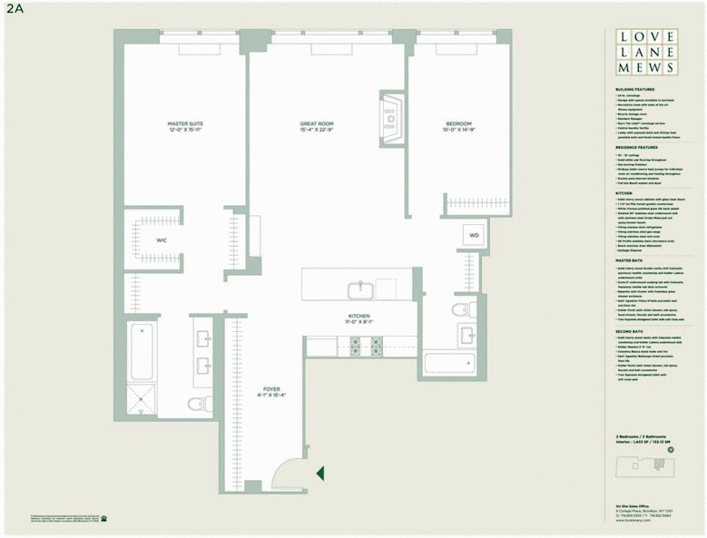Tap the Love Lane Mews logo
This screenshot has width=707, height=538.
point(644,52)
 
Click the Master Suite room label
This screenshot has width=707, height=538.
point(182,127)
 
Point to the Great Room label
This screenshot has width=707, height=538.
point(318,127)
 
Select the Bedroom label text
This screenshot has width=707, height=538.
point(458,127)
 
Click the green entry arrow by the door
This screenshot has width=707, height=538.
point(319,472)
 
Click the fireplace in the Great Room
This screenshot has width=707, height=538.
point(391,118)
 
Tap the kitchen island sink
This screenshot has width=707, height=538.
point(359,290)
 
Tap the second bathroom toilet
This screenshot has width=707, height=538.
point(462,310)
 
